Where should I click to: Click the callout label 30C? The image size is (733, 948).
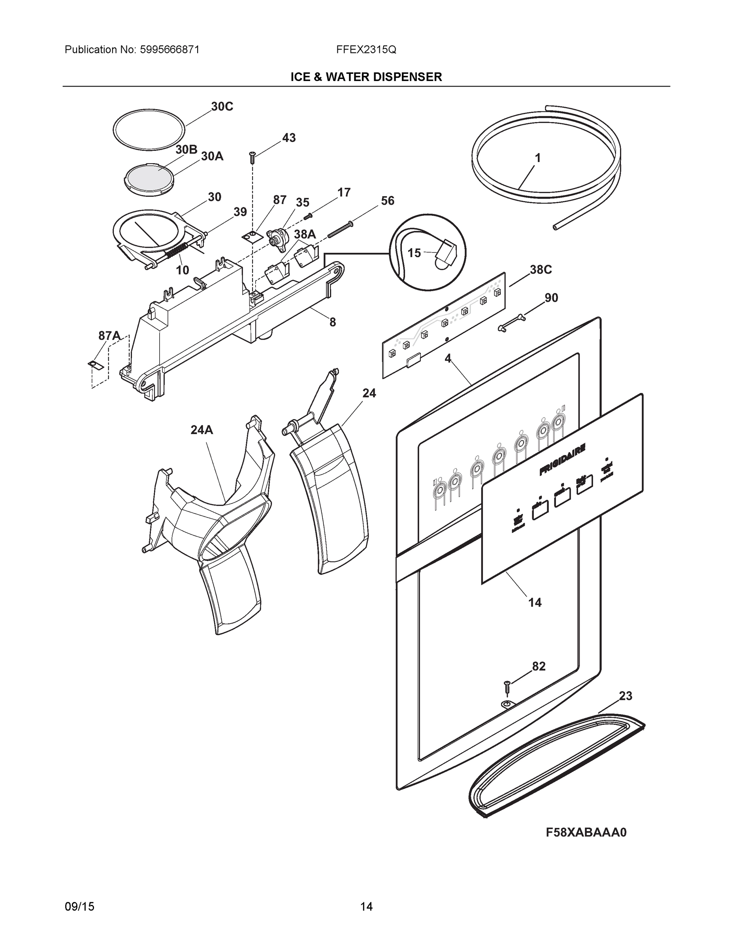pyautogui.click(x=222, y=106)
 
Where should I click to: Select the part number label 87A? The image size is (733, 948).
pyautogui.click(x=109, y=335)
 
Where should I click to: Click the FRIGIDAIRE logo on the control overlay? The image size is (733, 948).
pyautogui.click(x=562, y=459)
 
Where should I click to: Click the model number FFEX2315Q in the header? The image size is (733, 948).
pyautogui.click(x=366, y=50)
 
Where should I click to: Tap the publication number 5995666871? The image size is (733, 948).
pyautogui.click(x=170, y=50)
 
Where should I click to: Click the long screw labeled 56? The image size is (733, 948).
pyautogui.click(x=340, y=229)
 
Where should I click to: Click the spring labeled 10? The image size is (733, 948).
pyautogui.click(x=176, y=251)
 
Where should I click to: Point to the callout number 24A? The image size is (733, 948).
pyautogui.click(x=202, y=430)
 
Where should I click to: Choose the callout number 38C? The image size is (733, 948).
pyautogui.click(x=540, y=270)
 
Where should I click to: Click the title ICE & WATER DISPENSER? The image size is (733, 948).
pyautogui.click(x=366, y=77)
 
